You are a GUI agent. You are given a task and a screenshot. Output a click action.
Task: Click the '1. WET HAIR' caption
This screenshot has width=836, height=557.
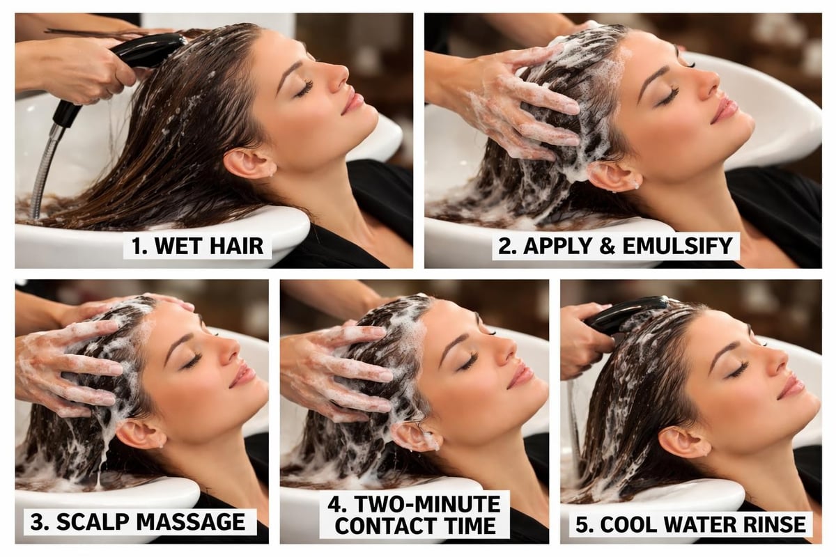[197, 246]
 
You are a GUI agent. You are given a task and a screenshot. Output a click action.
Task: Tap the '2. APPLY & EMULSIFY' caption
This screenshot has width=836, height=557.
[615, 246]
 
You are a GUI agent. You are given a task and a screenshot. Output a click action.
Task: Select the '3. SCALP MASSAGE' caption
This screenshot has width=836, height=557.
[140, 521]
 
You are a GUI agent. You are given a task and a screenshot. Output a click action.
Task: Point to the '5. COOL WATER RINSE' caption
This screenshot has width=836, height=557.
[689, 524]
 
